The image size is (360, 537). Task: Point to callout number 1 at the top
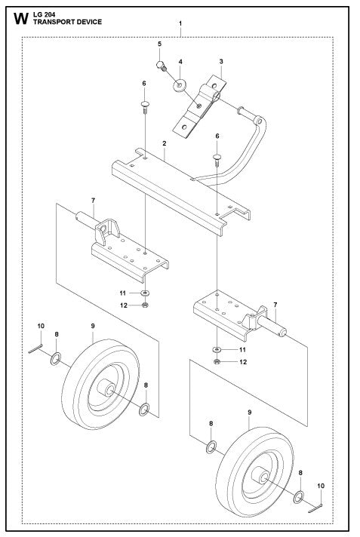[x=180, y=24]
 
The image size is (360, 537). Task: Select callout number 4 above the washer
[x=180, y=60]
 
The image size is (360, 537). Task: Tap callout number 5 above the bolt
[x=160, y=44]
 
